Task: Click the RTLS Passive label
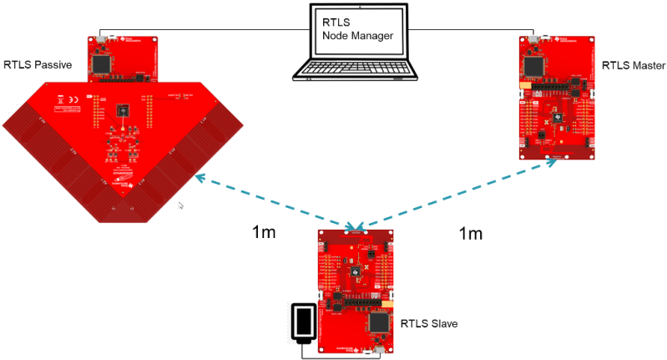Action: (x=38, y=64)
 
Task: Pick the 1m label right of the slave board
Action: (x=471, y=234)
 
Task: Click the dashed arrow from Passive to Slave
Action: (x=275, y=200)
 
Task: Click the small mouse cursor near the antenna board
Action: (x=181, y=204)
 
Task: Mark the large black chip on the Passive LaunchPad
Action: (x=102, y=63)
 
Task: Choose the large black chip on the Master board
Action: (x=533, y=66)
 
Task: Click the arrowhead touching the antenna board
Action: (x=200, y=176)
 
